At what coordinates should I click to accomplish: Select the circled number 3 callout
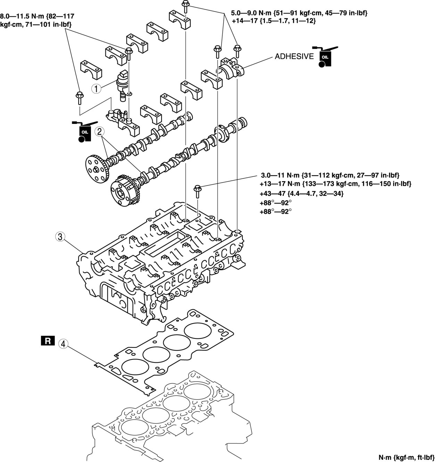pos(60,237)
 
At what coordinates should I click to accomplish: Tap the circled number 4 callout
pos(63,344)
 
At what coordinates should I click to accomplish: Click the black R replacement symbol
pos(48,341)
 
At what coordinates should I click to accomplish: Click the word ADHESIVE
pos(294,56)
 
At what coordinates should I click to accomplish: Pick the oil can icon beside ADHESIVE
pos(325,56)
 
